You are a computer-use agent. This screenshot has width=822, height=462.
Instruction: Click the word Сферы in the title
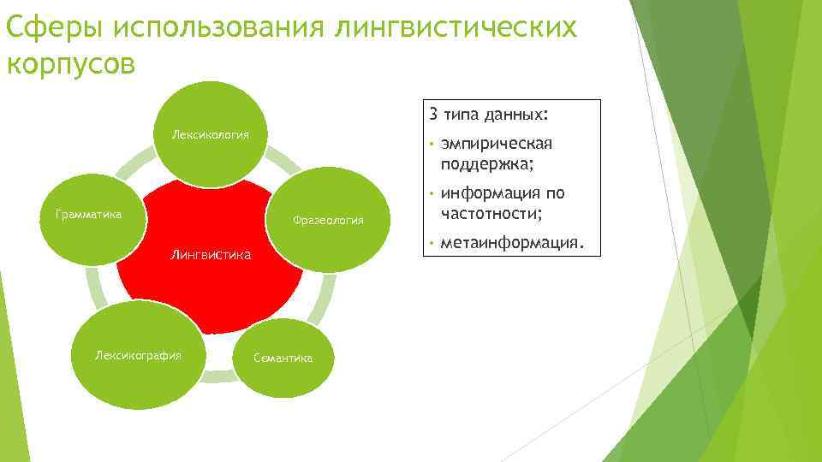coord(52,30)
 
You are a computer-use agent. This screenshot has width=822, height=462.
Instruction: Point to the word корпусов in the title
coord(70,65)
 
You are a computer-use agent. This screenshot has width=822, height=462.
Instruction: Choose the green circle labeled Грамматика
coord(84,214)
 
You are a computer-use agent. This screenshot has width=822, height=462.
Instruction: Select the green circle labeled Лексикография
coord(138,355)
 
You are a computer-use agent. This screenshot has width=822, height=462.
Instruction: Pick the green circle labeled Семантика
coord(283,357)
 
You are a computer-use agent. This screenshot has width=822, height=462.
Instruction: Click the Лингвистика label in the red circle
coord(210,255)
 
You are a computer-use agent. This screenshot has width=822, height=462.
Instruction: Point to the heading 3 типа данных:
coord(489,115)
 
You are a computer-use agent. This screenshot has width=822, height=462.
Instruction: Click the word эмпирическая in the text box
coord(497,143)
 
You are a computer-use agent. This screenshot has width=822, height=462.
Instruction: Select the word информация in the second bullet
coord(491,193)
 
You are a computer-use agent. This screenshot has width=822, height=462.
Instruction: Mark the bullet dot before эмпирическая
coord(432,144)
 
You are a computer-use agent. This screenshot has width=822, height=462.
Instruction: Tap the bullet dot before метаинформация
coord(432,245)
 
